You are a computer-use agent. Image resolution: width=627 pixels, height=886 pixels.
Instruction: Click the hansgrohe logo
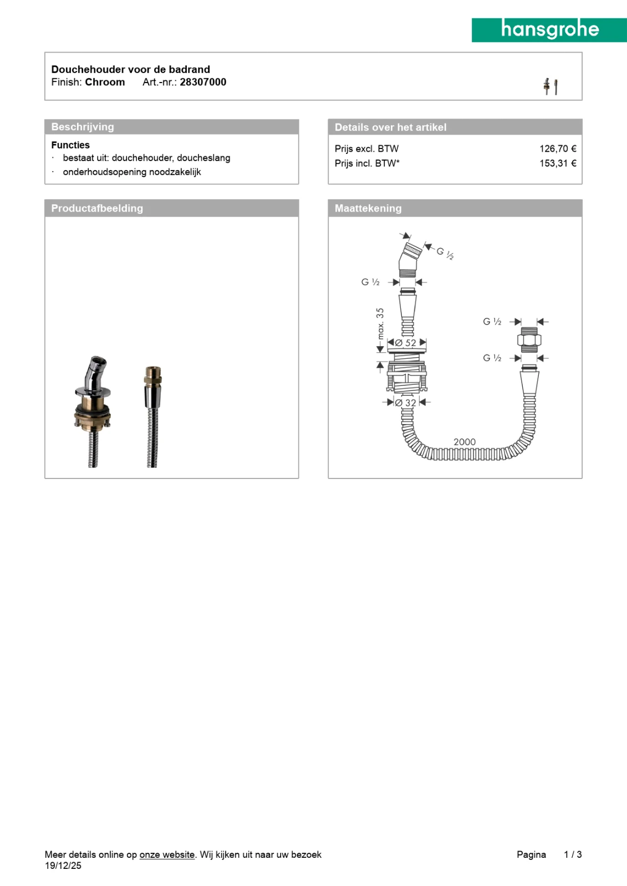click(x=549, y=30)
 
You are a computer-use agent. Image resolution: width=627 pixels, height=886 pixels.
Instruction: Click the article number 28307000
click(x=203, y=82)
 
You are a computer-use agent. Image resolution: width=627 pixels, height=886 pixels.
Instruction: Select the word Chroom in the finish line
click(x=105, y=82)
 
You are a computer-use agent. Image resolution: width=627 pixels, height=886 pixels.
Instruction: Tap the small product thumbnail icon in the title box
click(x=550, y=86)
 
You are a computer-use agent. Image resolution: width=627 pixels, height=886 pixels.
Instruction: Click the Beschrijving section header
click(x=83, y=127)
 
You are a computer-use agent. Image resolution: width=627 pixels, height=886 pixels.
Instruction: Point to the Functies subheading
click(x=70, y=145)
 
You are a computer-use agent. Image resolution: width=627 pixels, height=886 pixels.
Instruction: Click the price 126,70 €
click(x=557, y=148)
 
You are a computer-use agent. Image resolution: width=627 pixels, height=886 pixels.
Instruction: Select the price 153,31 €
click(x=557, y=163)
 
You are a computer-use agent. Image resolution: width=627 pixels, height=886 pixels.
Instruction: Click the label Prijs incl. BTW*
click(x=367, y=163)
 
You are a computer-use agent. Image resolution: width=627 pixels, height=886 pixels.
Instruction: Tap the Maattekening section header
click(x=368, y=208)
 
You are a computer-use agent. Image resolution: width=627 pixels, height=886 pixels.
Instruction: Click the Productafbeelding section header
click(x=97, y=208)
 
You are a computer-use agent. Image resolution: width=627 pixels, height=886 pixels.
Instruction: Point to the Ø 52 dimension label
click(x=406, y=343)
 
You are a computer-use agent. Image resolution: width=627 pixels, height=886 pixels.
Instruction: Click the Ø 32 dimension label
click(x=406, y=403)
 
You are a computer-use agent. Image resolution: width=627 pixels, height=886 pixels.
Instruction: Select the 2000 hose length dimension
click(x=465, y=442)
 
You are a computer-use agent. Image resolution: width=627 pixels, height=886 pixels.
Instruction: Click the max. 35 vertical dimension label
click(x=380, y=324)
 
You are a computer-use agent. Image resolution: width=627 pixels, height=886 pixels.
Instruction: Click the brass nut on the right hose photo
click(x=153, y=376)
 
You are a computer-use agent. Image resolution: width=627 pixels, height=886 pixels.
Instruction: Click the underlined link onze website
click(x=167, y=854)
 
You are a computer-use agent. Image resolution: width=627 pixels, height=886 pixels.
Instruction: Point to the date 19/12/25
click(x=63, y=866)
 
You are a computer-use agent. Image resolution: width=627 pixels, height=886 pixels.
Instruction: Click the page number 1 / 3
click(x=573, y=854)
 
